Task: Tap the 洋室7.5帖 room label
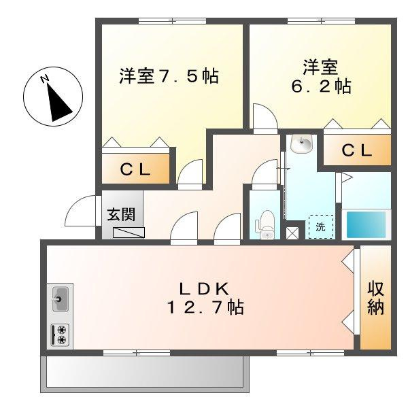169,75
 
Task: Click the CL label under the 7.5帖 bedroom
135,169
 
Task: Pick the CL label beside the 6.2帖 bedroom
356,151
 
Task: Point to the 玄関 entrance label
120,214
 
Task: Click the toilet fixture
266,224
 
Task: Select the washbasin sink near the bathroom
300,143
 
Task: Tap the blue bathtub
366,224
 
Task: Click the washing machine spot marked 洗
320,226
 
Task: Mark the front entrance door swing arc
80,212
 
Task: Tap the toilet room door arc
262,174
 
